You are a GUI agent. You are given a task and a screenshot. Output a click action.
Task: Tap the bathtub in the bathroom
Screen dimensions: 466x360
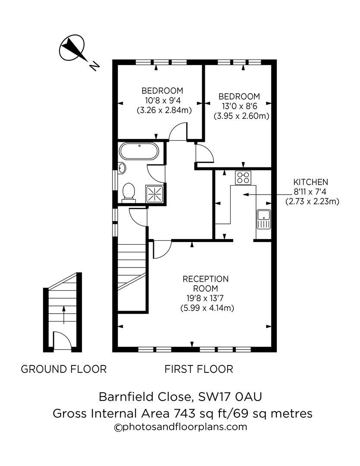pyautogui.click(x=139, y=151)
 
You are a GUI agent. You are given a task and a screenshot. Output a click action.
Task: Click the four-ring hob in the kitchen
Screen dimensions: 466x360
pyautogui.click(x=243, y=177)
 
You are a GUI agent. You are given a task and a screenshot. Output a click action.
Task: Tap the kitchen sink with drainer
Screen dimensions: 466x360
pyautogui.click(x=263, y=219)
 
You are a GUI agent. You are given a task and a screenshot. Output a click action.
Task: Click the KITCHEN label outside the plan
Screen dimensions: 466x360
pyautogui.click(x=310, y=182)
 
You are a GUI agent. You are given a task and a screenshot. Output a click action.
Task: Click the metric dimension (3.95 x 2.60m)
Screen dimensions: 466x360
pyautogui.click(x=241, y=116)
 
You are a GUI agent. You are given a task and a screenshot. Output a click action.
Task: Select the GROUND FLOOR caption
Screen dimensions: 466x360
pyautogui.click(x=63, y=369)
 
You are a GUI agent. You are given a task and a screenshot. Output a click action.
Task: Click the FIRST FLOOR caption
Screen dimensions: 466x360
pyautogui.click(x=199, y=369)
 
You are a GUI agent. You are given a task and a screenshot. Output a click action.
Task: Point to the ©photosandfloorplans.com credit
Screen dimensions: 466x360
pyautogui.click(x=180, y=427)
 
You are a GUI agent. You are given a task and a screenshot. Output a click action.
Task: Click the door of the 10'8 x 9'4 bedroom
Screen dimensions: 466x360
pyautogui.click(x=178, y=132)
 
